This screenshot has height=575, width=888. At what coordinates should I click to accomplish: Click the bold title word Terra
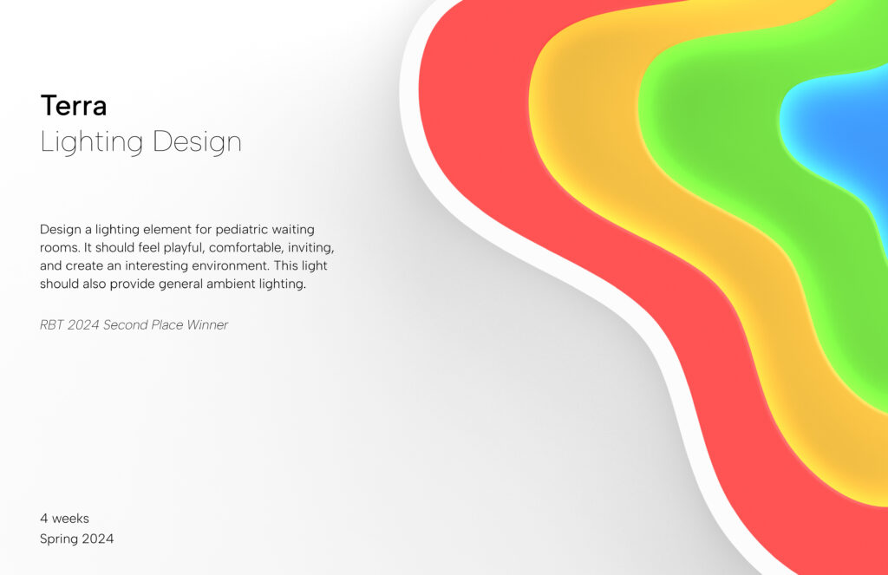(x=74, y=106)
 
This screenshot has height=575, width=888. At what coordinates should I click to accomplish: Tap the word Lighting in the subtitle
(x=91, y=142)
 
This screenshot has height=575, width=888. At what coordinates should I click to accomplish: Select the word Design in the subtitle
(x=197, y=142)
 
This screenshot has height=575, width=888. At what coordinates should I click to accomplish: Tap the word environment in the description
(x=231, y=265)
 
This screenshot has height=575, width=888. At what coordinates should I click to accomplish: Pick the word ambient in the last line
(x=231, y=284)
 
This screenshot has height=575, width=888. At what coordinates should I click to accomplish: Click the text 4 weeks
(x=64, y=519)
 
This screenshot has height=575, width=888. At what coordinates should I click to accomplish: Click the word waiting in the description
(x=293, y=230)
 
